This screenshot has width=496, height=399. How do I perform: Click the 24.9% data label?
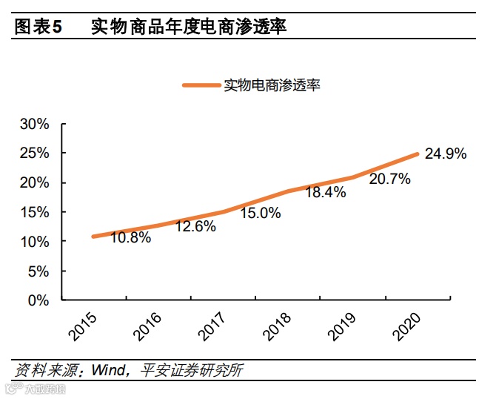(x=446, y=154)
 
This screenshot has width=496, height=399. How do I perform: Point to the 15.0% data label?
(x=261, y=213)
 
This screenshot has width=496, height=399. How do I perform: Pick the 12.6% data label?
(x=195, y=226)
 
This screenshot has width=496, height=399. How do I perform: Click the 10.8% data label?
(x=131, y=238)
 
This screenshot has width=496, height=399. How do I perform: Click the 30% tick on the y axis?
(x=34, y=124)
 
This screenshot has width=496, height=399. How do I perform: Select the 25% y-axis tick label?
(x=34, y=154)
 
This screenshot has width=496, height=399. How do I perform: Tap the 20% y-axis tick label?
(x=34, y=183)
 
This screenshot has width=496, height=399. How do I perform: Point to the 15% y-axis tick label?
(x=34, y=213)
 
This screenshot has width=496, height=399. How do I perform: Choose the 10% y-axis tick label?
(x=34, y=243)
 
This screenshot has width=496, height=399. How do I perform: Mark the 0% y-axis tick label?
(x=38, y=301)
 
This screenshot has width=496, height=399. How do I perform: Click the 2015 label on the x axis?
(x=84, y=327)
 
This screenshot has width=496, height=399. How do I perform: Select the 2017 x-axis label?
(x=213, y=327)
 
